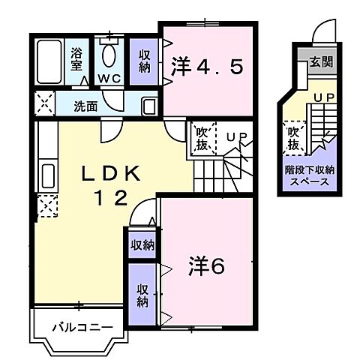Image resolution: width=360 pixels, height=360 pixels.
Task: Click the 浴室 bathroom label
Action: click(76, 59)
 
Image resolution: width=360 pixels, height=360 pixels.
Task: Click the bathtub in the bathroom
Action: click(50, 63)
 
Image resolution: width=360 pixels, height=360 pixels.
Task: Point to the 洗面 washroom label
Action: click(85, 106)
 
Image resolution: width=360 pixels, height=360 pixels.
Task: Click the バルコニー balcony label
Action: click(82, 327)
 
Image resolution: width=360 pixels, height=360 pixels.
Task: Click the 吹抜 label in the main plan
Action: click(201, 137)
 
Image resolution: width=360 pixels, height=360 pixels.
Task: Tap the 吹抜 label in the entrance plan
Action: click(293, 136)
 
